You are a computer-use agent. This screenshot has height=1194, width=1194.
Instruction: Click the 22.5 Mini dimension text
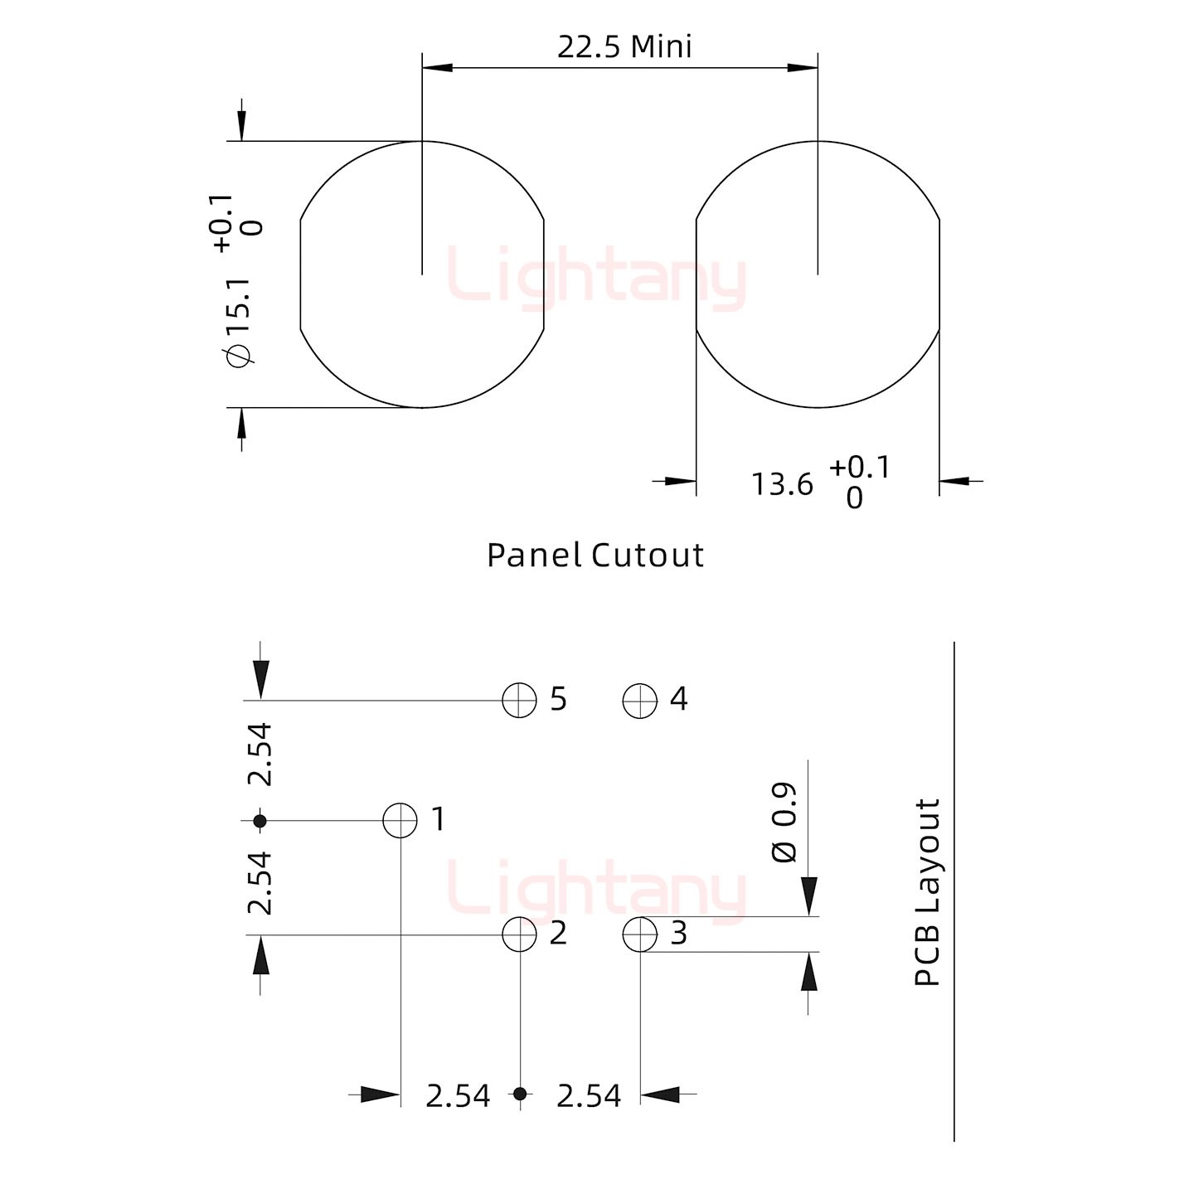tap(624, 47)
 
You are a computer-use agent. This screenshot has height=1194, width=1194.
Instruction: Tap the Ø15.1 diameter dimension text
tap(240, 323)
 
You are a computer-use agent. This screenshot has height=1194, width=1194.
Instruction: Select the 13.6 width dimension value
tap(782, 484)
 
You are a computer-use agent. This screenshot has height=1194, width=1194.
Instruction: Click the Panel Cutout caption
tap(595, 555)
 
